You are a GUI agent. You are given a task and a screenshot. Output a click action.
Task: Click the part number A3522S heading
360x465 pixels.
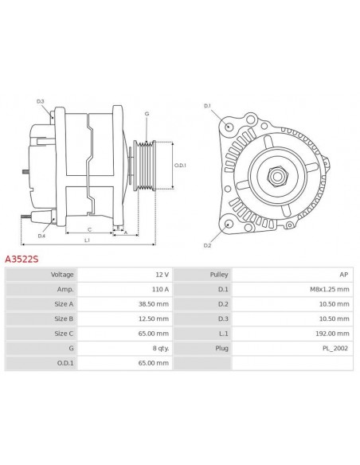coord(22,258)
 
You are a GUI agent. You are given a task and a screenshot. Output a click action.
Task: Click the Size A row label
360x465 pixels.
coord(64,304)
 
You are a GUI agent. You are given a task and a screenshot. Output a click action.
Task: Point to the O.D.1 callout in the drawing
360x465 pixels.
coord(181,166)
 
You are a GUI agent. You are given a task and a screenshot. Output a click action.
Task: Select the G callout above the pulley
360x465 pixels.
coord(147,114)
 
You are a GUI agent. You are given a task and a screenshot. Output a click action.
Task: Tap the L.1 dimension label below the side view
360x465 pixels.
coord(86,240)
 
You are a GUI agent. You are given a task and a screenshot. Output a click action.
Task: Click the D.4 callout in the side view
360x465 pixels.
coord(41,236)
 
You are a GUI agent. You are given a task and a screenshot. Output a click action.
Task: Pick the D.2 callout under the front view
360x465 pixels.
coord(206,246)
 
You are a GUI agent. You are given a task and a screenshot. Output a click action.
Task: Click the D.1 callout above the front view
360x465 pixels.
coord(207,106)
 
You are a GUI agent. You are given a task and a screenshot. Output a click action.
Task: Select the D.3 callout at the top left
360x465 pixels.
coord(41,101)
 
